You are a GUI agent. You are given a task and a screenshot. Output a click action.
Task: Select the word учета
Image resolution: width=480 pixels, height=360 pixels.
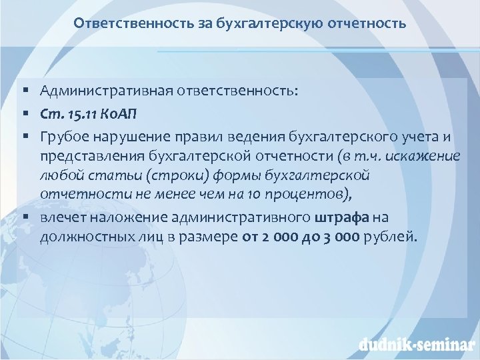pos(418,137)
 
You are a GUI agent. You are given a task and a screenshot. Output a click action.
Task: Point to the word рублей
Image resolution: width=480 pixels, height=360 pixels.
pos(393,237)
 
